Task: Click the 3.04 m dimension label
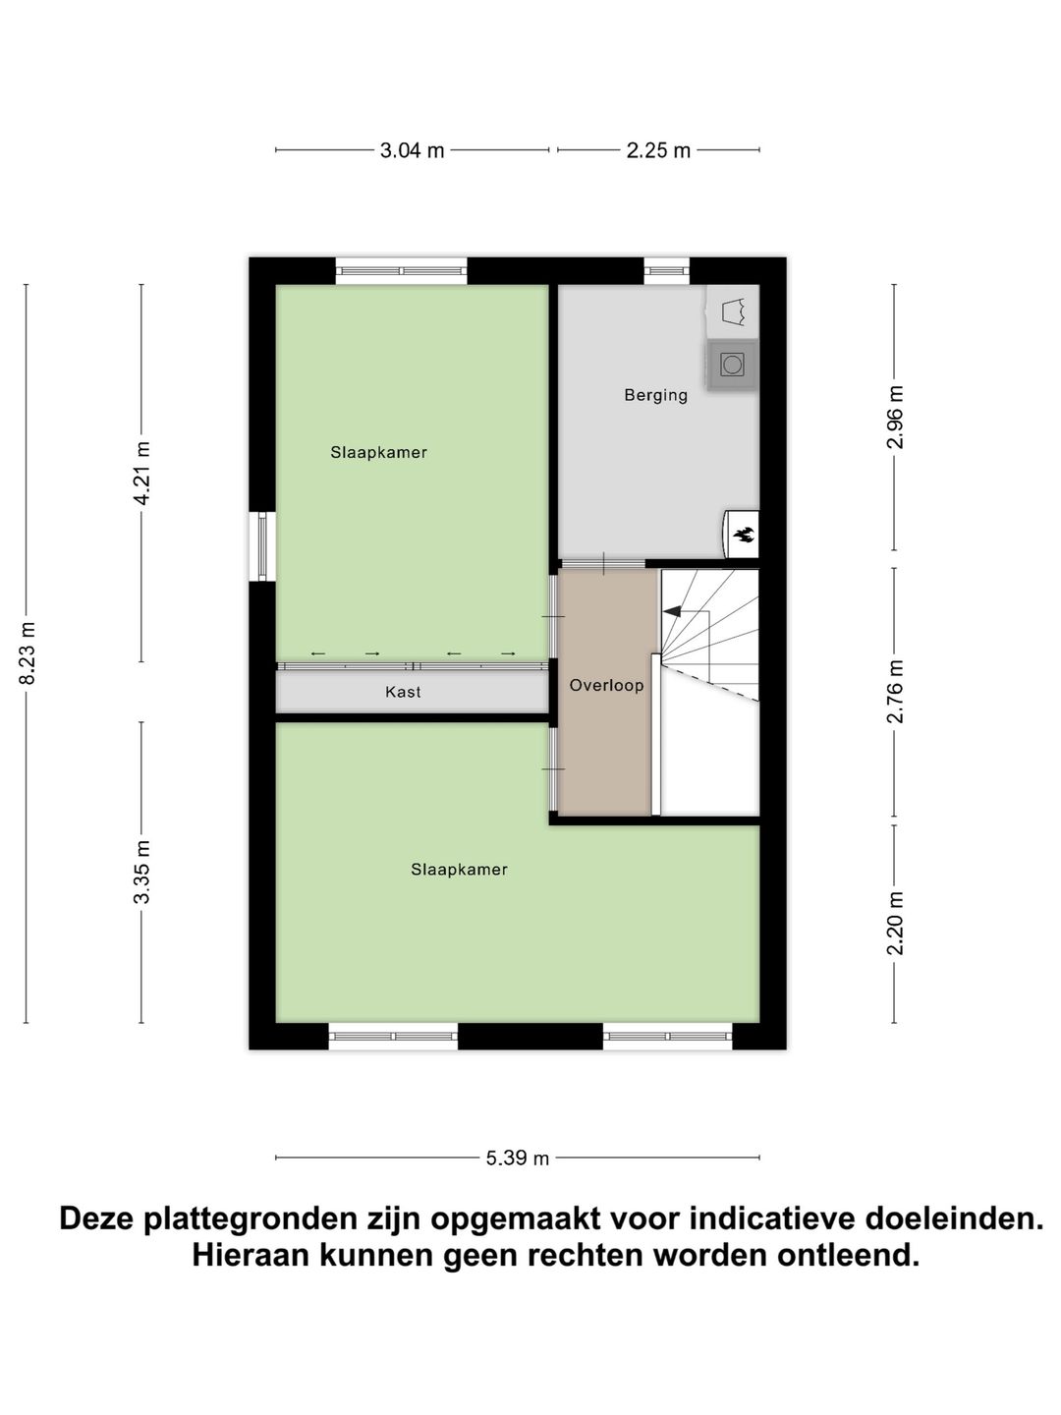click(412, 150)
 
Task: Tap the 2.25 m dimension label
click(658, 150)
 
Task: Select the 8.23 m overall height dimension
click(27, 653)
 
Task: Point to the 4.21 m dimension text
click(142, 473)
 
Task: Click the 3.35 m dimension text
click(142, 872)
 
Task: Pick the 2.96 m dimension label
click(894, 417)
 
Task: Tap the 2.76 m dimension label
click(894, 692)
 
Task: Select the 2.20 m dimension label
click(894, 923)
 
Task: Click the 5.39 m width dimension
click(517, 1159)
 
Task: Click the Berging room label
click(655, 395)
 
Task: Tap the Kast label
click(403, 692)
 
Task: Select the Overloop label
click(606, 685)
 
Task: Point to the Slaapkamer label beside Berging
click(378, 452)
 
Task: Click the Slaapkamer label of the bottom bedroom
click(459, 869)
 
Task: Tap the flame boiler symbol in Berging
click(743, 535)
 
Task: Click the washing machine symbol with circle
click(732, 366)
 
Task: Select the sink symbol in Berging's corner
click(733, 312)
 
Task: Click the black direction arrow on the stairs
click(673, 611)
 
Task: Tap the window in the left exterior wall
click(262, 546)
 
